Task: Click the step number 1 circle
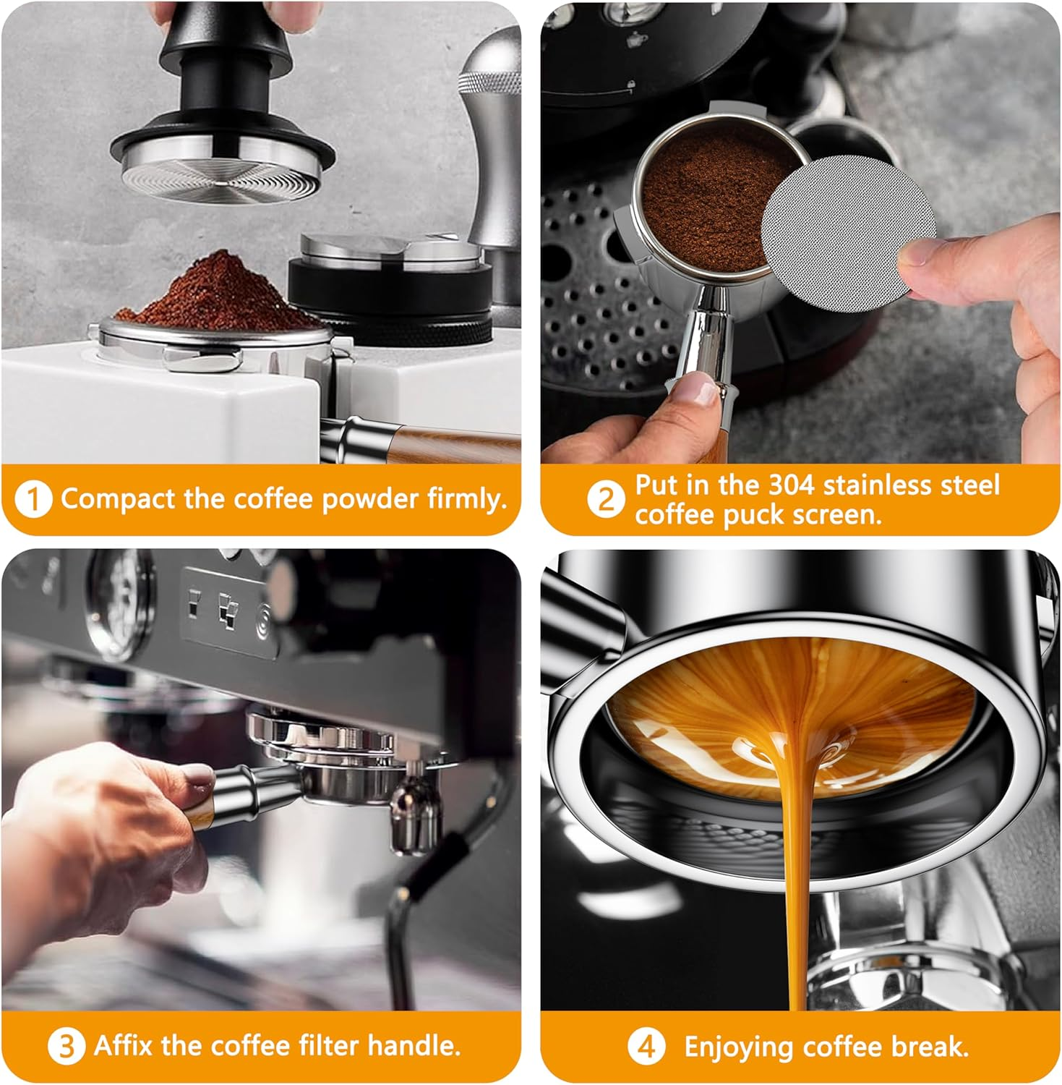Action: pos(33,500)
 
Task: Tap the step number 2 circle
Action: pos(604,500)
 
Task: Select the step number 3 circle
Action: pos(66,1047)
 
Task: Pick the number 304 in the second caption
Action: pos(792,485)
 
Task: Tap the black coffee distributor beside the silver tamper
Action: pos(390,297)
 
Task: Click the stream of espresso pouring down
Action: pos(795,868)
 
